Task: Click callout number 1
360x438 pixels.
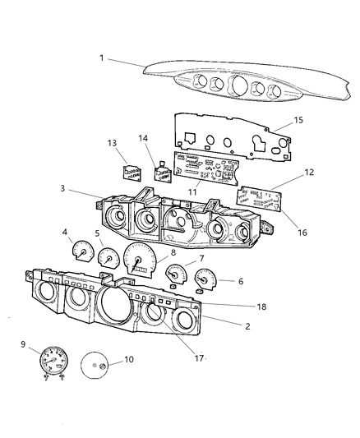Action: pos(101,58)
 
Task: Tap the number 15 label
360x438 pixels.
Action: pos(298,120)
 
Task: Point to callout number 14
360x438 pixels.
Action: pos(143,139)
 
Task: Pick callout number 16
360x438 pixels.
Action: pos(302,233)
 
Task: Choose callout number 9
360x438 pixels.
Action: pos(23,345)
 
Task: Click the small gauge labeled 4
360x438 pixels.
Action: pos(82,251)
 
